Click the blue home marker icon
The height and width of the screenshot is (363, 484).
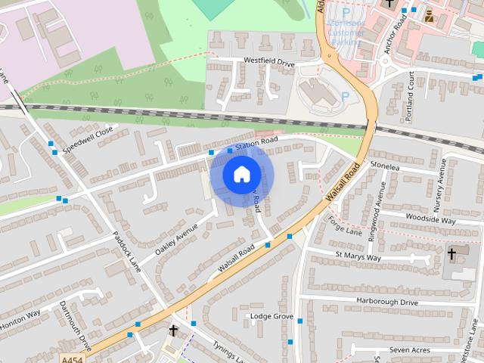coord(240,175)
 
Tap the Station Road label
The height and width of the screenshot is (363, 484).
coord(256,143)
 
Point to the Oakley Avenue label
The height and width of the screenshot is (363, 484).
coord(176,238)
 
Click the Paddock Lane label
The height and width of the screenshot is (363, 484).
coord(126,251)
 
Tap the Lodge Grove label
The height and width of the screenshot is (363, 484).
coord(271,315)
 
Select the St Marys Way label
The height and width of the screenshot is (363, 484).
coord(358,258)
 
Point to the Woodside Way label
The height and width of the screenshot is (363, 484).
coord(430,220)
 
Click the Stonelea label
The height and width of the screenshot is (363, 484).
coord(384,164)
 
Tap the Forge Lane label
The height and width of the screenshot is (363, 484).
coord(346,226)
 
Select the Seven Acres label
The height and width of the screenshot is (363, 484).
coord(410,349)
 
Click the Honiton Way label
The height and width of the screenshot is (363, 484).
coord(20,320)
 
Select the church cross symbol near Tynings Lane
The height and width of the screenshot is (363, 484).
coord(173,330)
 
